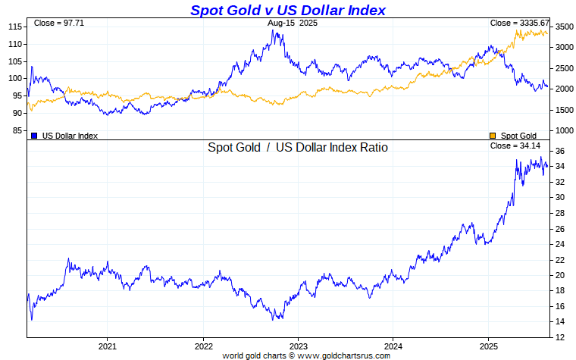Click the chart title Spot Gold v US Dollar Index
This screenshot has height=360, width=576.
pyautogui.click(x=287, y=10)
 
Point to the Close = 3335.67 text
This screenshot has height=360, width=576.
pyautogui.click(x=519, y=23)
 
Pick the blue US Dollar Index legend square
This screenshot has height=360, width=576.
pyautogui.click(x=35, y=136)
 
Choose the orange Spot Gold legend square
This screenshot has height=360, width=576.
pyautogui.click(x=493, y=136)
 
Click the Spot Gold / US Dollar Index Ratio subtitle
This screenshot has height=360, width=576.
pyautogui.click(x=298, y=147)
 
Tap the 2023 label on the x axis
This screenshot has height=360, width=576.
pyautogui.click(x=298, y=345)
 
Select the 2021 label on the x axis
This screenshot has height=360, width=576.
pyautogui.click(x=107, y=345)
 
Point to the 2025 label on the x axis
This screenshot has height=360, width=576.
pyautogui.click(x=488, y=345)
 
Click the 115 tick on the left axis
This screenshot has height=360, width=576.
pyautogui.click(x=14, y=27)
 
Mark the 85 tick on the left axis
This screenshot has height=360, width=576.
pyautogui.click(x=16, y=130)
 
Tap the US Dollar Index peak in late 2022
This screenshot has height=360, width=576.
pyautogui.click(x=274, y=31)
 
